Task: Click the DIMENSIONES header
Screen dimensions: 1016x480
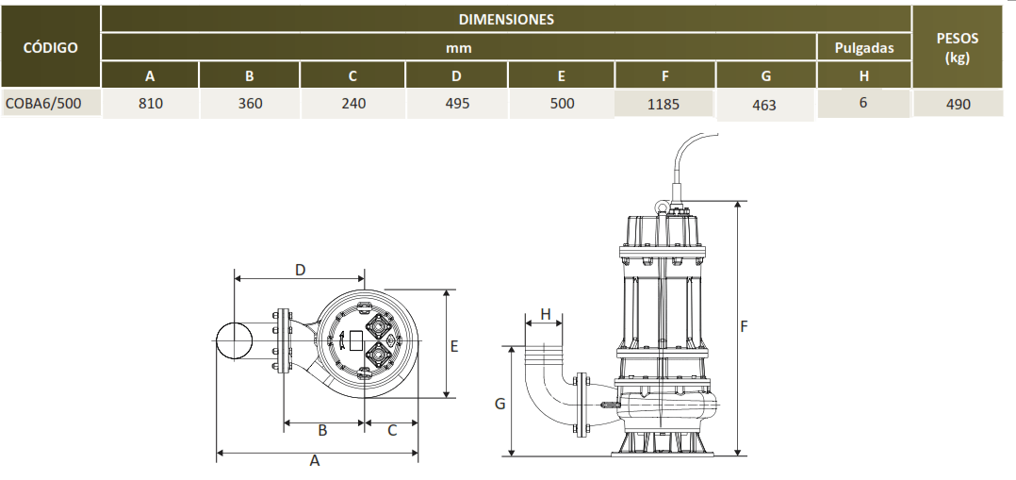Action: click(506, 20)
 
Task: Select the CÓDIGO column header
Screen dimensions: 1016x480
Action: click(51, 47)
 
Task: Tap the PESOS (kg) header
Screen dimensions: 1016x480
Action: click(957, 47)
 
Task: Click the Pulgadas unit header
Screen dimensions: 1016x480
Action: click(863, 47)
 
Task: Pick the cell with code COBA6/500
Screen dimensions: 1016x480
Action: click(43, 103)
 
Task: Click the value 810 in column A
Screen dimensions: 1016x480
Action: click(151, 103)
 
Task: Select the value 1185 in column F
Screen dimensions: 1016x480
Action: click(664, 105)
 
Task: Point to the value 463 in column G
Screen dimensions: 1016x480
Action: click(764, 105)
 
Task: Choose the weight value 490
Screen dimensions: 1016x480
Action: click(958, 104)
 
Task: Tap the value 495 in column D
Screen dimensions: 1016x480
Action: click(457, 103)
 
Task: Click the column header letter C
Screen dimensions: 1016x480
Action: click(352, 75)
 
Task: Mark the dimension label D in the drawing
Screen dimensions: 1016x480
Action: click(300, 270)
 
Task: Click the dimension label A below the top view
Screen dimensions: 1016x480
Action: click(315, 460)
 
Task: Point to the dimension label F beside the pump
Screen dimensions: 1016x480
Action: click(744, 326)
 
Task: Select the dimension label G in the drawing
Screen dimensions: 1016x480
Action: click(500, 404)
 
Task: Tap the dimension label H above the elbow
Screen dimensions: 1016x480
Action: click(546, 315)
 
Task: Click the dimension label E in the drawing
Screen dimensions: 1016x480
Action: click(454, 346)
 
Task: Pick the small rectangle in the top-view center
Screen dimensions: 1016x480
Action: click(355, 340)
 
